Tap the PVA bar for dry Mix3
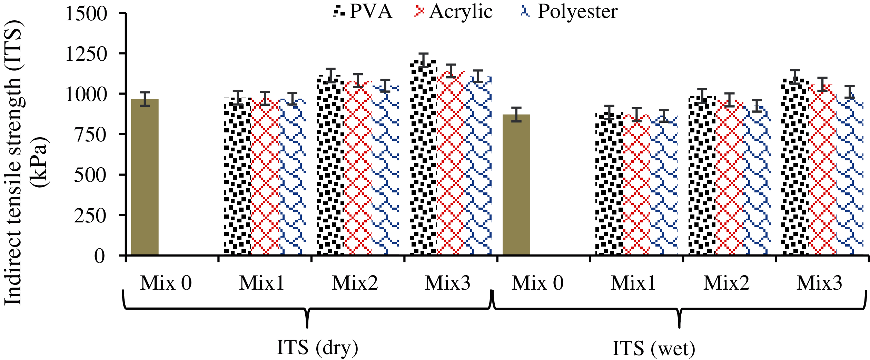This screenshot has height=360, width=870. click(423, 159)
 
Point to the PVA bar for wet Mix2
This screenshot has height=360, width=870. click(702, 176)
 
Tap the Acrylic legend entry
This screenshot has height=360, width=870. click(453, 11)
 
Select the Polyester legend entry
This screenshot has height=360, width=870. click(569, 11)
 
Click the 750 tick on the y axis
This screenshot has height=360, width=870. click(90, 134)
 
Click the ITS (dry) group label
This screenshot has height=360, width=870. click(317, 348)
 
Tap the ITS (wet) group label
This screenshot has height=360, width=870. click(654, 348)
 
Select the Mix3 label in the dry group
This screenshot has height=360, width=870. click(447, 283)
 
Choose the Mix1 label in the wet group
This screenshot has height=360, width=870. click(633, 283)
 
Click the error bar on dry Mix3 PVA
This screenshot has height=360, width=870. click(423, 60)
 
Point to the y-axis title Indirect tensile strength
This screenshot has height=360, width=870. click(13, 162)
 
